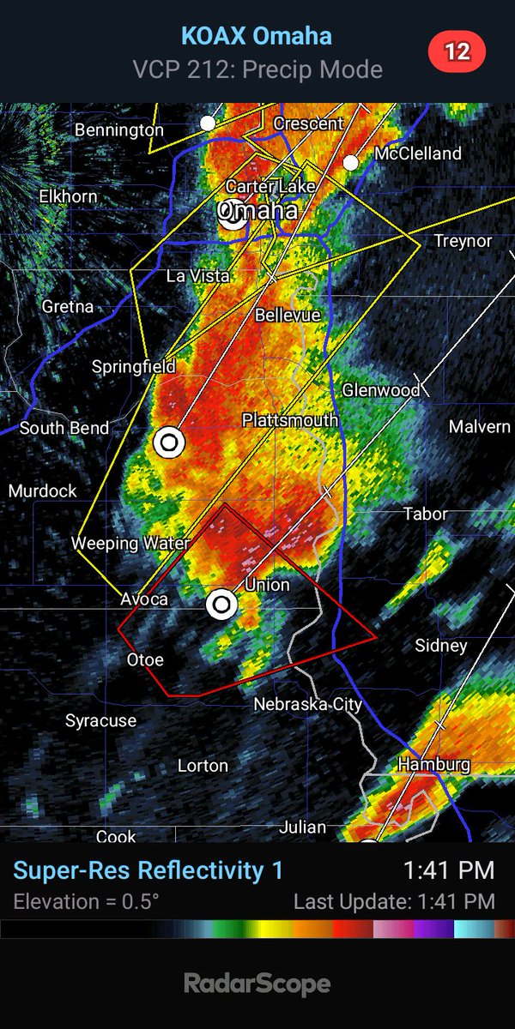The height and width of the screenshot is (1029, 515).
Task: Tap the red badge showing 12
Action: (457, 51)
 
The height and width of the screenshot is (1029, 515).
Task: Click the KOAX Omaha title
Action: (257, 36)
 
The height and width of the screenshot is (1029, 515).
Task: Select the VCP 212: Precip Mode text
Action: (257, 69)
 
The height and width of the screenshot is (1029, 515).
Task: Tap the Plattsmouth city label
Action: (289, 420)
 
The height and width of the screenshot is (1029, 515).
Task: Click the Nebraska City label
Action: (307, 704)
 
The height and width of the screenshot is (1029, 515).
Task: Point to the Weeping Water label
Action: (117, 543)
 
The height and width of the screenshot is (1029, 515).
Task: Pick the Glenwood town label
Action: (381, 390)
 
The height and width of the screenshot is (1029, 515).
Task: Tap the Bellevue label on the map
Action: (288, 315)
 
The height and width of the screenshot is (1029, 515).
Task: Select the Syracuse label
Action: (100, 721)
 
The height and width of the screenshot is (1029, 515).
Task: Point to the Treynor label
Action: (463, 241)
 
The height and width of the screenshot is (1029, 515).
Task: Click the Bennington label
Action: (118, 129)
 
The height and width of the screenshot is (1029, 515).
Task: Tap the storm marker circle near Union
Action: (222, 605)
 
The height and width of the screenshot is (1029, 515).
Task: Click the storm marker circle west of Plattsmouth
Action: (169, 442)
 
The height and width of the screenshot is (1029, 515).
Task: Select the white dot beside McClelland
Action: (350, 162)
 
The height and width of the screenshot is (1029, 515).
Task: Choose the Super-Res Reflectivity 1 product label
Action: (148, 870)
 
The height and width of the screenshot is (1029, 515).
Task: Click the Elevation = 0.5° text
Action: (86, 901)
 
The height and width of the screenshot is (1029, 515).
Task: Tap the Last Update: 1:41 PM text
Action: (394, 901)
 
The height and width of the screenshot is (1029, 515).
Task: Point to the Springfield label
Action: (133, 367)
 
